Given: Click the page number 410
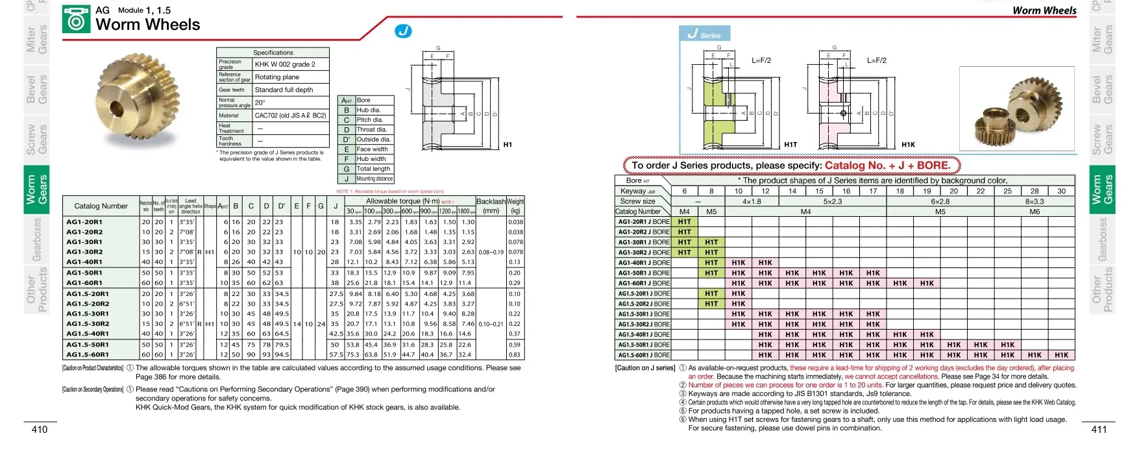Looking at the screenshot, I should tap(40, 430).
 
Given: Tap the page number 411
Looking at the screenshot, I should tap(1099, 430).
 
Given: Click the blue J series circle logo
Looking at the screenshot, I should tap(403, 31).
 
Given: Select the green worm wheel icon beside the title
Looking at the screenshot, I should tap(76, 19).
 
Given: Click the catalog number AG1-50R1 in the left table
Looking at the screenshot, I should tap(84, 273).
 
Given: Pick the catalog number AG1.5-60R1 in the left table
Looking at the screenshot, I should tap(88, 355).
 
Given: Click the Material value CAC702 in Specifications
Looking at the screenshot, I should tap(290, 116).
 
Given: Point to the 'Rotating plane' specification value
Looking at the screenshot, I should tap(277, 77).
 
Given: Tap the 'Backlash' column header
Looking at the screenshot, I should tap(491, 201).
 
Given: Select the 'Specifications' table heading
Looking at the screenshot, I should tap(273, 53).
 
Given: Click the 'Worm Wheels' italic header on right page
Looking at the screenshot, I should tap(1044, 10).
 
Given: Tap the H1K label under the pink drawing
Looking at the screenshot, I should tap(908, 145).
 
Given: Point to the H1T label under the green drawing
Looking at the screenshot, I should tap(790, 145).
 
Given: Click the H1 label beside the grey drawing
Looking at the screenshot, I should tap(508, 145).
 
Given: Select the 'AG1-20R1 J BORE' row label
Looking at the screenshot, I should tap(643, 222).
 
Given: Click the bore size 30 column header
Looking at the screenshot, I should tap(1061, 191).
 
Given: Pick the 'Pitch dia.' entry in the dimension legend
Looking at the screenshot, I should tap(370, 120).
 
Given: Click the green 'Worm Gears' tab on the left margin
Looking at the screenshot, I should tap(37, 189).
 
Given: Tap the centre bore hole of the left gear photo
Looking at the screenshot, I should tap(117, 106).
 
